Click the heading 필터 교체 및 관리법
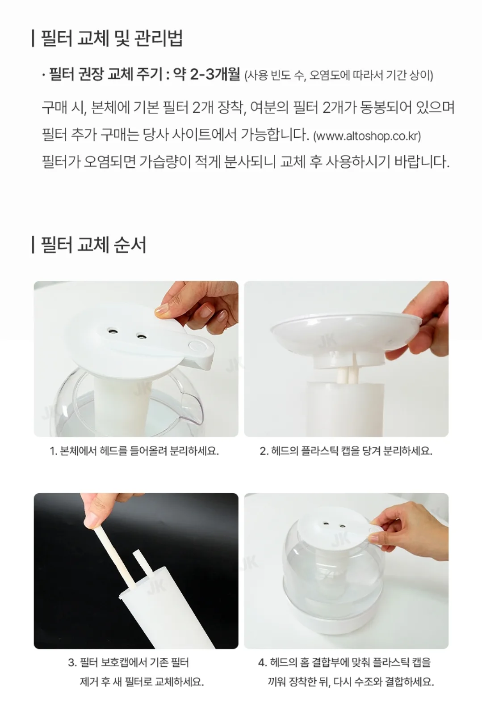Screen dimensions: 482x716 pyautogui.click(x=111, y=38)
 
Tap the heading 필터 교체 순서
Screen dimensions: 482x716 pyautogui.click(x=93, y=245)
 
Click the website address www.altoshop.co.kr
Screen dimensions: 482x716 pyautogui.click(x=367, y=136)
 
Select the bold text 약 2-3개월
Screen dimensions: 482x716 pyautogui.click(x=206, y=75)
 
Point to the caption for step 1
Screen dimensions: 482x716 pyautogui.click(x=134, y=451)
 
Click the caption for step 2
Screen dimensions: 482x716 pyautogui.click(x=346, y=451)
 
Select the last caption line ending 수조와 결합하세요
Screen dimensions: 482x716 pyautogui.click(x=351, y=682)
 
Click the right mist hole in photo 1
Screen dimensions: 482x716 pyautogui.click(x=140, y=336)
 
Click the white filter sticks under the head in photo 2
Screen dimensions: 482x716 pyautogui.click(x=345, y=373)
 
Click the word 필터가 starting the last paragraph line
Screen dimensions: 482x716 pyautogui.click(x=61, y=162)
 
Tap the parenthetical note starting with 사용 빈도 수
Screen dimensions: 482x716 pyautogui.click(x=338, y=76)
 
